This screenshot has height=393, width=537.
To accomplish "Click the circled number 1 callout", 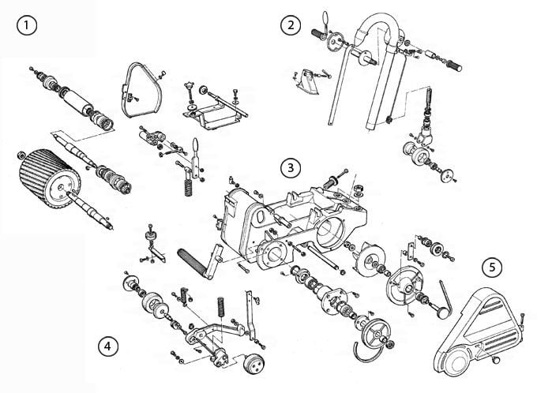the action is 27,25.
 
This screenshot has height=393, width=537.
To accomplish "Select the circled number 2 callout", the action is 291,25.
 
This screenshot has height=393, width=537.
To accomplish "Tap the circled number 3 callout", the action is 291,168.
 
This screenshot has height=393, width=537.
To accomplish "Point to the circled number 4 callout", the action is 108,346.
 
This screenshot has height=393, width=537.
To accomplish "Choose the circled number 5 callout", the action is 492,267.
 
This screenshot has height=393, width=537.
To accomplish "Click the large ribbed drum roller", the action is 50,178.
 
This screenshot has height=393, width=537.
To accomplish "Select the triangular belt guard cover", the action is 478,332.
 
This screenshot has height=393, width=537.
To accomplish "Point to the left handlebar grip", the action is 320,34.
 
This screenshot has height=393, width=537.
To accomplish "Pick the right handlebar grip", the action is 453,65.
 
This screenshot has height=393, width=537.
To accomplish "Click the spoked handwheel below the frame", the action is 376,333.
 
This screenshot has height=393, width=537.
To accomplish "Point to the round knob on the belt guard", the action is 496,359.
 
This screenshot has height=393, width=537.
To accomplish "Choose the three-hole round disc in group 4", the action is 254,364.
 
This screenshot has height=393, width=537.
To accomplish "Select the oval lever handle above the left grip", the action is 325,17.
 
